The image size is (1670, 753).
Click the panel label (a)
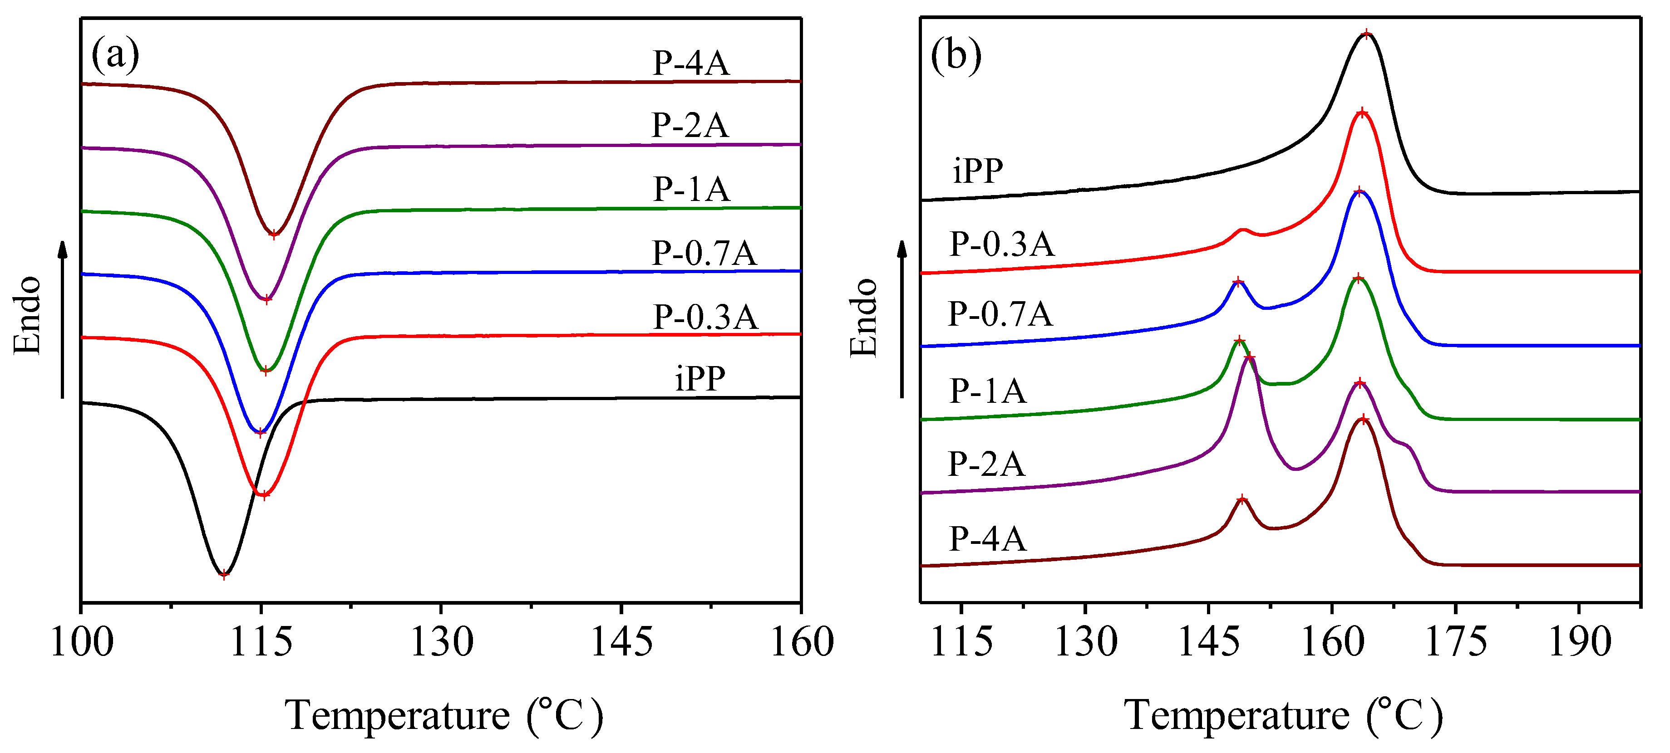tap(115, 54)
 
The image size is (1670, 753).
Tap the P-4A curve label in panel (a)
tap(690, 63)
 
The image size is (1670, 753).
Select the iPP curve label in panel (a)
tap(700, 378)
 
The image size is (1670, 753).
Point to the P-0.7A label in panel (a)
tap(704, 253)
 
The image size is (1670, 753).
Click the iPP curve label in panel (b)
tap(978, 171)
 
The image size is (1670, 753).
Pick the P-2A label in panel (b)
tap(986, 464)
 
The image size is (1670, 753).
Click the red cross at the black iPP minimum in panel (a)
tap(224, 574)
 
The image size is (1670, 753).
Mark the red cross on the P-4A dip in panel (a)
tap(274, 235)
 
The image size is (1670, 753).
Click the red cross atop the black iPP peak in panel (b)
tap(1367, 34)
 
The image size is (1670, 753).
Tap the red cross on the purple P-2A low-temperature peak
tap(1250, 358)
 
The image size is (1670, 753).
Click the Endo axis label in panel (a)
tap(28, 316)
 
